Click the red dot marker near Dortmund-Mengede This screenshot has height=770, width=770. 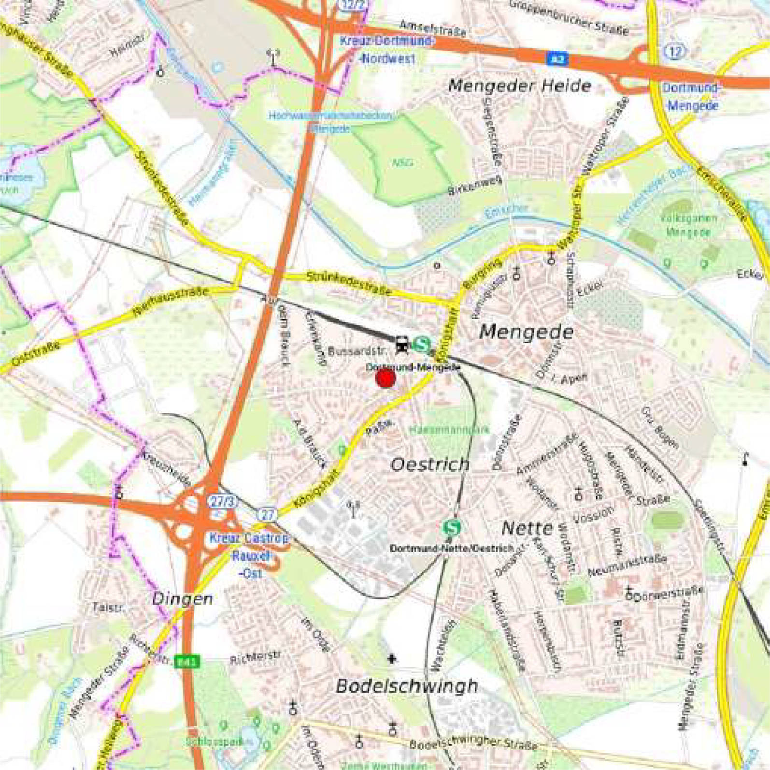(x=385, y=378)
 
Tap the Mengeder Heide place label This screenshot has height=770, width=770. (x=520, y=86)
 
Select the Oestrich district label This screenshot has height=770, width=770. (x=429, y=465)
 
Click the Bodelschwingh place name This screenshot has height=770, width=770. (x=407, y=686)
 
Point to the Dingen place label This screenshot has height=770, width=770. (x=182, y=599)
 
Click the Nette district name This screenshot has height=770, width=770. (x=527, y=528)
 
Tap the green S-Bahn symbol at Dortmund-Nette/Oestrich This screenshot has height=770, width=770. (x=452, y=527)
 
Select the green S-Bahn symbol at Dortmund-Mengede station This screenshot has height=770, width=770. (x=422, y=345)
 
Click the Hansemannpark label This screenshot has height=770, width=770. (x=449, y=429)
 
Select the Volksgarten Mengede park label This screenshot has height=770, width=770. (x=688, y=225)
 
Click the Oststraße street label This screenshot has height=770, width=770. (x=36, y=353)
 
